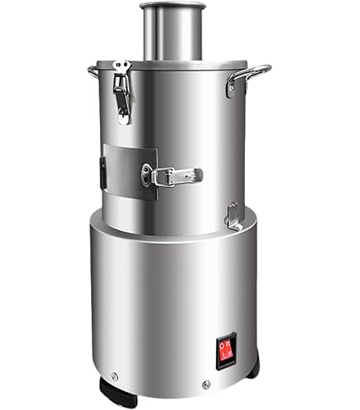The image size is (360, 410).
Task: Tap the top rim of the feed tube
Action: (x=172, y=7)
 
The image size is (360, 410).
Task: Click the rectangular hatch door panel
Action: (x=128, y=172)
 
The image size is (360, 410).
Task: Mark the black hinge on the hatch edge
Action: (x=103, y=171)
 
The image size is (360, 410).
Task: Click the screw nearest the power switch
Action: (x=206, y=383)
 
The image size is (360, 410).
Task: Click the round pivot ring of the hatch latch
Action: (x=149, y=174)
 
